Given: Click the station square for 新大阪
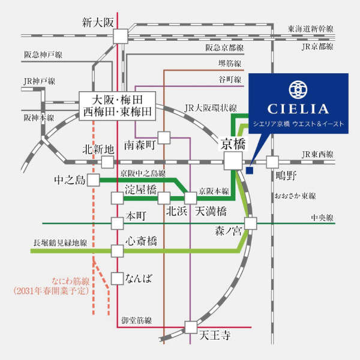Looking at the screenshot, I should pyautogui.click(x=121, y=35).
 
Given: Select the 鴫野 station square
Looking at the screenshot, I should pyautogui.click(x=273, y=161).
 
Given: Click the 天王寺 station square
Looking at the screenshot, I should pyautogui.click(x=190, y=327).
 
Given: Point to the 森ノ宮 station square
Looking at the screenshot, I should pyautogui.click(x=250, y=223).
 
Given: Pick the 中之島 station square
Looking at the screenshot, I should pyautogui.click(x=93, y=179).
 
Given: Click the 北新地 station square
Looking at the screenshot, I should pyautogui.click(x=107, y=162).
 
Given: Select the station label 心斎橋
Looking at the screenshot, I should pyautogui.click(x=141, y=242).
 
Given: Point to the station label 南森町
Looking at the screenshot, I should pyautogui.click(x=140, y=145).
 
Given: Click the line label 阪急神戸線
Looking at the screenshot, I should pyautogui.click(x=43, y=55).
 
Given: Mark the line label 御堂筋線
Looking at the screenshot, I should pyautogui.click(x=136, y=320).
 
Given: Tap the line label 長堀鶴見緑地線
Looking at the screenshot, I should pyautogui.click(x=59, y=242).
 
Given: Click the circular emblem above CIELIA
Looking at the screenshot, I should pyautogui.click(x=298, y=89).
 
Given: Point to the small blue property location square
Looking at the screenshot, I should pyautogui.click(x=250, y=170).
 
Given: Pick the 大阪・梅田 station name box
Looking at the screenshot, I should pyautogui.click(x=118, y=105).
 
